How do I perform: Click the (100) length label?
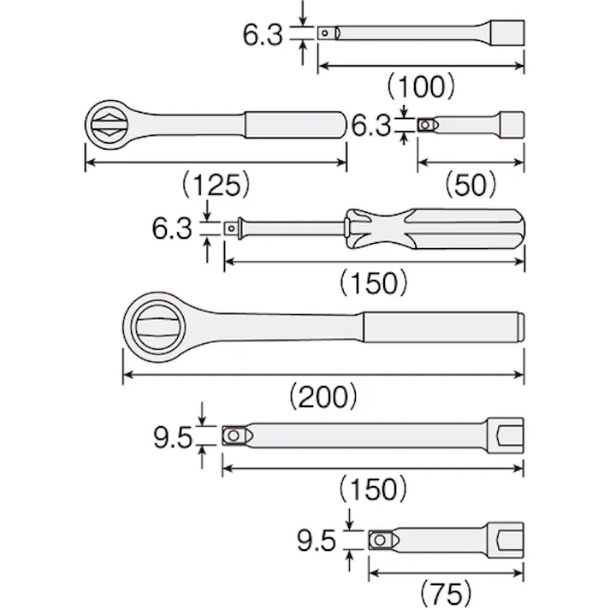(x=421, y=86)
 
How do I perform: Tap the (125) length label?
(x=215, y=184)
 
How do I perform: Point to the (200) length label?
(x=323, y=396)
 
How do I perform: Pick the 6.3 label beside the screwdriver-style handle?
(x=172, y=228)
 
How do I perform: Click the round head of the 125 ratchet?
(x=112, y=125)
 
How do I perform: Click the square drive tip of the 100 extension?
(x=327, y=33)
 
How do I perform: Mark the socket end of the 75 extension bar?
(x=505, y=540)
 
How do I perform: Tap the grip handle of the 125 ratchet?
(x=294, y=125)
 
